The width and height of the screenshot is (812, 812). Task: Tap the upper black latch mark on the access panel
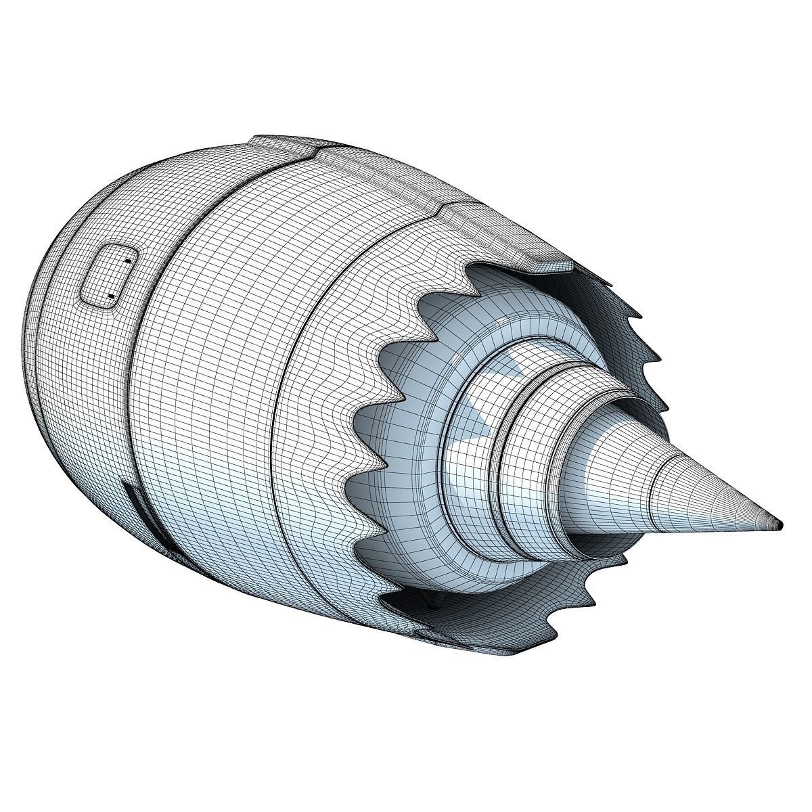tap(127, 260)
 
